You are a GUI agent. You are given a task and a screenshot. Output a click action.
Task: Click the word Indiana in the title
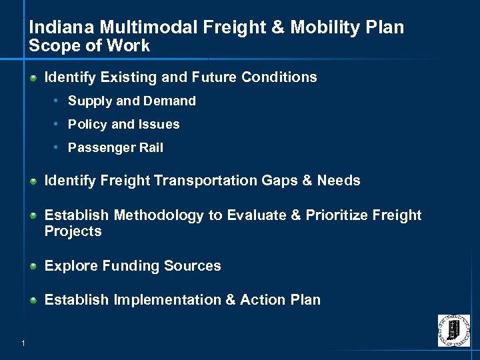(56, 27)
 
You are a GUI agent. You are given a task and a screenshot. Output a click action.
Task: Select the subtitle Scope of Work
(89, 46)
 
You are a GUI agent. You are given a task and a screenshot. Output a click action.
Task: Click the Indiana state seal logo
(453, 330)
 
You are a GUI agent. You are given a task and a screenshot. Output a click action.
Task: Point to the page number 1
(23, 343)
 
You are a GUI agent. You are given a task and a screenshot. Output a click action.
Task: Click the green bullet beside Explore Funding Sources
(33, 266)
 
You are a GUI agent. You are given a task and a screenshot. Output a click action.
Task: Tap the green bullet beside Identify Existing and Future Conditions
(33, 77)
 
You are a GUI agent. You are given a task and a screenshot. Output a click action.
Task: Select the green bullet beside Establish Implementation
(33, 300)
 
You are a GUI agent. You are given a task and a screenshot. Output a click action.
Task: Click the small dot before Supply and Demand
(58, 101)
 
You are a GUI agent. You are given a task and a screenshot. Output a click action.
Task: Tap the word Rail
(151, 148)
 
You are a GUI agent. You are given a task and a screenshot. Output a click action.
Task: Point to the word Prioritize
(337, 215)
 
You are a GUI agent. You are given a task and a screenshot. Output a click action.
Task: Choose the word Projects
(73, 231)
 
